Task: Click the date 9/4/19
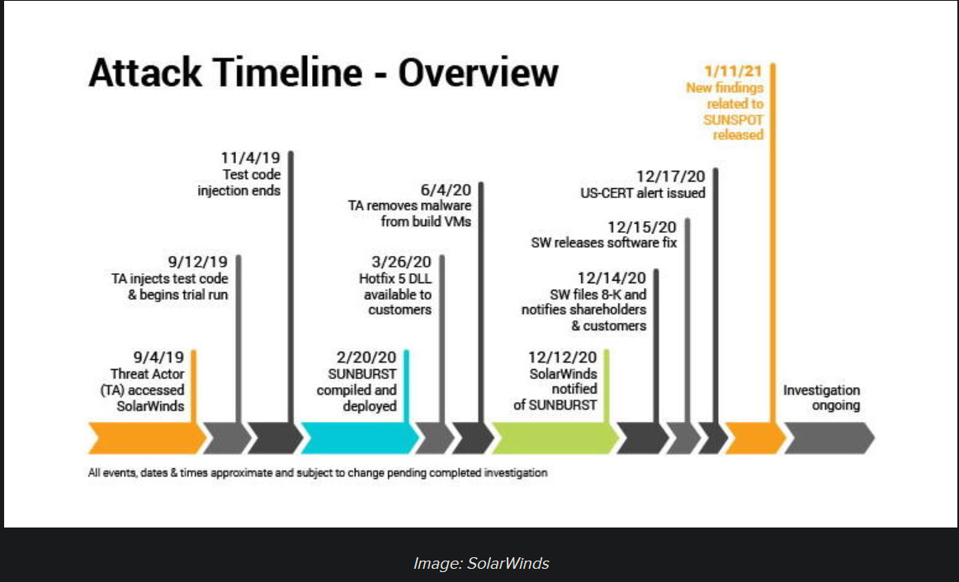tap(158, 357)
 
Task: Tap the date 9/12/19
tap(197, 262)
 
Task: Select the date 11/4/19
tap(251, 158)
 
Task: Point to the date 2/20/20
tap(366, 357)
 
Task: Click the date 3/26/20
tap(401, 262)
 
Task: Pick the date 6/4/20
tap(446, 190)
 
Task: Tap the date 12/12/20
tap(563, 357)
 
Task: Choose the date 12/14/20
tap(612, 278)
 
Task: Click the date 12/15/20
tap(642, 227)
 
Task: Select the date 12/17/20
tap(671, 177)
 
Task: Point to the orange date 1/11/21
tap(734, 72)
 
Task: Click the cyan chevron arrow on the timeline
tap(360, 438)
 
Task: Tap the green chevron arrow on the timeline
tap(555, 438)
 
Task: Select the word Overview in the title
tap(479, 72)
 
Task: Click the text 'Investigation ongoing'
tap(821, 398)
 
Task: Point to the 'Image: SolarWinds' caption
tap(481, 563)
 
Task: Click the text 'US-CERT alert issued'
tap(643, 193)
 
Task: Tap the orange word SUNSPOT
tap(734, 120)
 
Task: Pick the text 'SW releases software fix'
tap(604, 243)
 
